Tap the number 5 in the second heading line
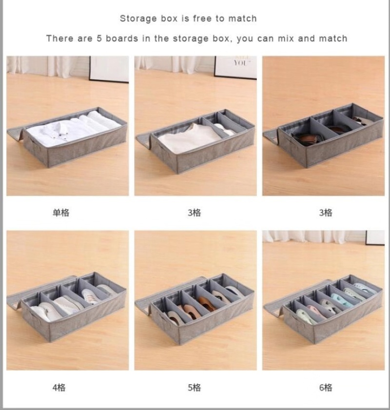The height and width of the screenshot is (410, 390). (x=99, y=39)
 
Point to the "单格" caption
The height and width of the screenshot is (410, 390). (x=61, y=213)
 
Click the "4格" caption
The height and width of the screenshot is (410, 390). (x=59, y=387)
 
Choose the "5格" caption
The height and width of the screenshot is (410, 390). (x=194, y=387)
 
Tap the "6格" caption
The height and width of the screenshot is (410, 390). (x=326, y=387)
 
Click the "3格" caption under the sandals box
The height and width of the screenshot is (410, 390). (x=326, y=213)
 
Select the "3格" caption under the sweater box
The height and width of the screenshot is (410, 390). (x=194, y=213)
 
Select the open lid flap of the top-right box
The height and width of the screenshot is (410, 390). (x=271, y=136)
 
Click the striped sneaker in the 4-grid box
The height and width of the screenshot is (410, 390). (x=91, y=296)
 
